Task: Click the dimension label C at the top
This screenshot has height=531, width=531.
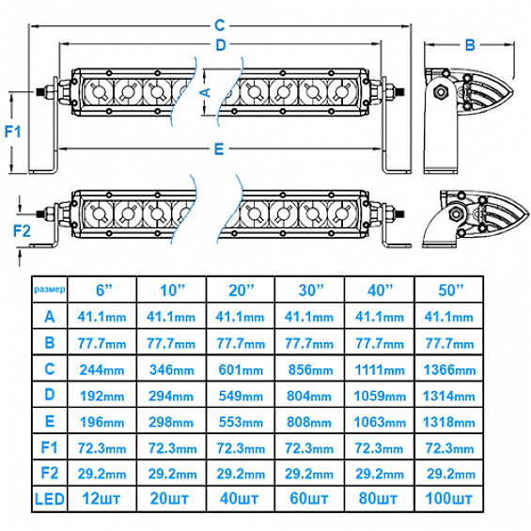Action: [x=220, y=25]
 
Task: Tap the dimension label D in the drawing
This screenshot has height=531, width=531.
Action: [x=221, y=45]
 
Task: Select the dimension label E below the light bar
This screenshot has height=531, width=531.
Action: [x=219, y=148]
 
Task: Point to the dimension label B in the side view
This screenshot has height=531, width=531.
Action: [x=470, y=45]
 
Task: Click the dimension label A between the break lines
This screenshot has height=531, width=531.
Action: [x=206, y=92]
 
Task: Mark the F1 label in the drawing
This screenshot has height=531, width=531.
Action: [x=12, y=132]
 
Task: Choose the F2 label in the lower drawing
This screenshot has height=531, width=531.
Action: [x=22, y=231]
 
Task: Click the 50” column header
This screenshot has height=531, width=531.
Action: [x=450, y=290]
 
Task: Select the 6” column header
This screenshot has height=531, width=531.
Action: [x=104, y=290]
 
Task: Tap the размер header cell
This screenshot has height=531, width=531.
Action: [x=50, y=289]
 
